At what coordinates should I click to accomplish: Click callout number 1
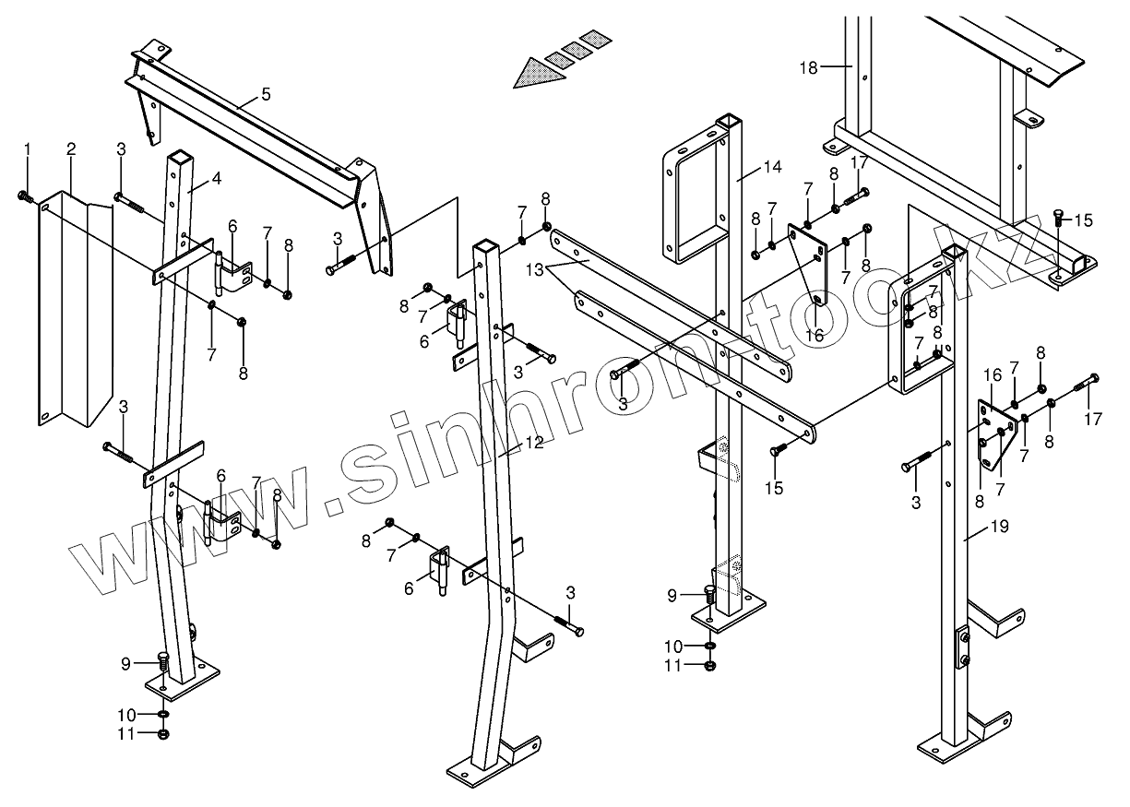pos(27,148)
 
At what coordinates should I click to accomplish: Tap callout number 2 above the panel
pos(71,148)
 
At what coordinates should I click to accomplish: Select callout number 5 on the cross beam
pos(266,93)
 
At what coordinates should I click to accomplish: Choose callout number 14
pos(773,167)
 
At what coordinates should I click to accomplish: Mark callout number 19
pos(999,527)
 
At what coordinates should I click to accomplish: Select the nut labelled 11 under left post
pos(163,734)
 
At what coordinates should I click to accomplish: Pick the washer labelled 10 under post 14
pos(708,645)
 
